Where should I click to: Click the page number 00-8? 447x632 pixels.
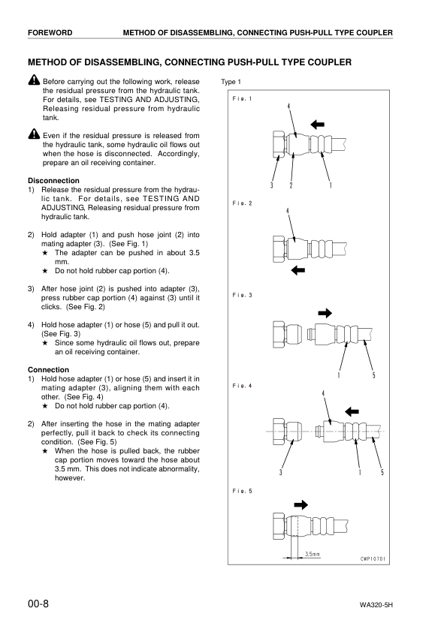[38, 603]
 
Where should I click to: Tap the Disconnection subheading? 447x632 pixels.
[53, 180]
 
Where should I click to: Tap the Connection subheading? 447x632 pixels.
[48, 370]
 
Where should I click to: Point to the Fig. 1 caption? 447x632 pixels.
[242, 99]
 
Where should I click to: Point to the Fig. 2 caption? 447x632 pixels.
[242, 203]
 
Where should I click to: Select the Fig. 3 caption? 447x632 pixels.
[242, 295]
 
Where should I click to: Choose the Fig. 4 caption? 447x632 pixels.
[242, 386]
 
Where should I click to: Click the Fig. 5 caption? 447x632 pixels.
[242, 491]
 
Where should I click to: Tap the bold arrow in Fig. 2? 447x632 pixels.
[298, 269]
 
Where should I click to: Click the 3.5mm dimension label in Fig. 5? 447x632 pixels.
[312, 555]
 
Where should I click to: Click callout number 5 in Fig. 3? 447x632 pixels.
[373, 375]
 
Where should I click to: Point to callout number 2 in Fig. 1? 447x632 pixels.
[291, 185]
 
